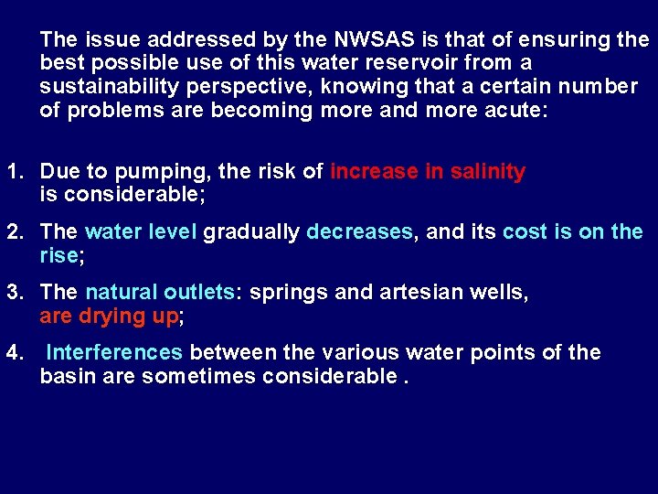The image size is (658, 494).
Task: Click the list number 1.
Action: (x=15, y=171)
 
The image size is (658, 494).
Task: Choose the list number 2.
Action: (x=15, y=232)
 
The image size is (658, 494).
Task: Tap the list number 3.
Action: (x=15, y=293)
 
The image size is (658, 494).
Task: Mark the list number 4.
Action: (x=15, y=353)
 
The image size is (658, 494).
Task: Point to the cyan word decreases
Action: (x=359, y=232)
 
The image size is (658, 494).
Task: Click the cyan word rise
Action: (x=59, y=256)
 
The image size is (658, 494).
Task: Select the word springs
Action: (x=284, y=293)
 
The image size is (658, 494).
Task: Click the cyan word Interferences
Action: (x=114, y=353)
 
